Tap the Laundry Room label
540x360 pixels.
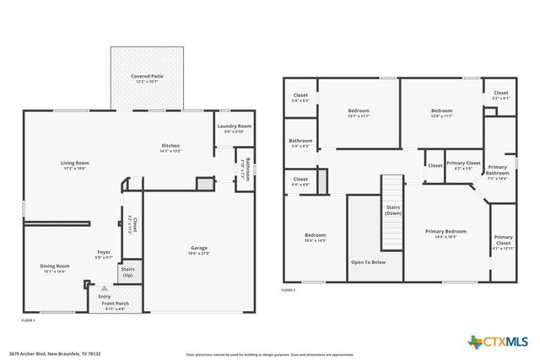234,127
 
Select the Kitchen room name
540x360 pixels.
170,146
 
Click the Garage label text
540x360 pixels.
199,248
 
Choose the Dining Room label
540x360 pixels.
54,266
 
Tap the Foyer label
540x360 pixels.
104,252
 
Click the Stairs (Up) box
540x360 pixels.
132,271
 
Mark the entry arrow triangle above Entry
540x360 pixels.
105,288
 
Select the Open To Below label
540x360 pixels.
368,262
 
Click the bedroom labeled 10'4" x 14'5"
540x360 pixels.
315,235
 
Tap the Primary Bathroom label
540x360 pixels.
497,170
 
